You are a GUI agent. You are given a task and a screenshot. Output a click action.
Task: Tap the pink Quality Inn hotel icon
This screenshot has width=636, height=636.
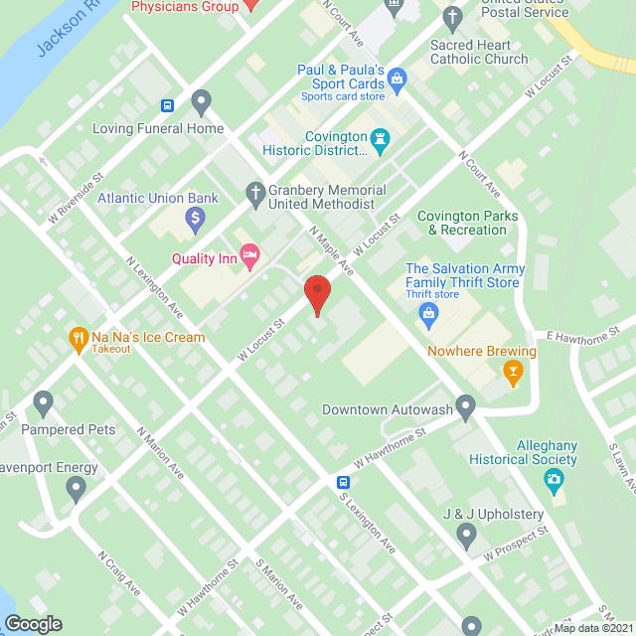pyautogui.click(x=249, y=257)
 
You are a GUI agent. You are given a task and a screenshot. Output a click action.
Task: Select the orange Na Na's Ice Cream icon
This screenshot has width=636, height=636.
pyautogui.click(x=79, y=339)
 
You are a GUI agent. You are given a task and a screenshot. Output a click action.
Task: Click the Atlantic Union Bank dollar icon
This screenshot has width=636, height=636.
pyautogui.click(x=196, y=216)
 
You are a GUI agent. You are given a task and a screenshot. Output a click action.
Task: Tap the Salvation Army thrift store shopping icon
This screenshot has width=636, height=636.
pyautogui.click(x=428, y=316)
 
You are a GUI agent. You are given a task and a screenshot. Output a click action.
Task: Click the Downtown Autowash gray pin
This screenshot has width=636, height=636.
pyautogui.click(x=466, y=406)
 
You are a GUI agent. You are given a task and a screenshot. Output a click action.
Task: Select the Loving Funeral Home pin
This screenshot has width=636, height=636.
pyautogui.click(x=202, y=101)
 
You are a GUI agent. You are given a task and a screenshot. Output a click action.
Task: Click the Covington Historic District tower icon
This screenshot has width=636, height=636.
pyautogui.click(x=379, y=140)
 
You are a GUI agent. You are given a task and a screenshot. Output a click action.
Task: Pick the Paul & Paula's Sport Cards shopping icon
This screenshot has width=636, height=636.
pyautogui.click(x=397, y=78)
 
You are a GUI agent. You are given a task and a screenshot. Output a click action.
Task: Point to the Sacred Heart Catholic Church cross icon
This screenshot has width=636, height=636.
pyautogui.click(x=452, y=17)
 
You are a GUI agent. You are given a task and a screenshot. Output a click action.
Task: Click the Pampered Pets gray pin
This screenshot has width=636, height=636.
pyautogui.click(x=43, y=402)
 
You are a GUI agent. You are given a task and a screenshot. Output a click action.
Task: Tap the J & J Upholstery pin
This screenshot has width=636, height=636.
pyautogui.click(x=467, y=537)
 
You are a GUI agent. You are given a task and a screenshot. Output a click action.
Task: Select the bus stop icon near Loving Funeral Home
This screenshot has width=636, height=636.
pyautogui.click(x=168, y=106)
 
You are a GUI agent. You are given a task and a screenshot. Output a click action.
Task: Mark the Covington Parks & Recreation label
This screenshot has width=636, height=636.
pyautogui.click(x=461, y=223)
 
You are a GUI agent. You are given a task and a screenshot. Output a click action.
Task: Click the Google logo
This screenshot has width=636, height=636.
pyautogui.click(x=33, y=624)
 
